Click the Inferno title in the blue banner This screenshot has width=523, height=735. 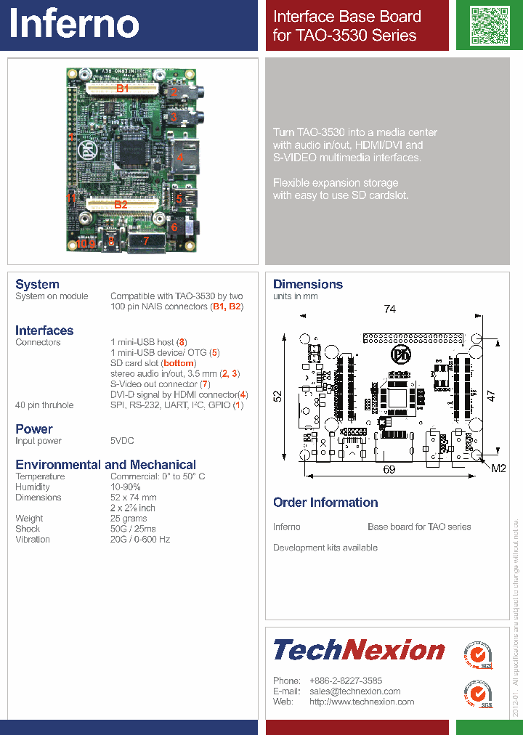pos(74,24)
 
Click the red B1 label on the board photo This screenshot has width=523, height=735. pos(123,89)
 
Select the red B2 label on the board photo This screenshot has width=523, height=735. pos(121,205)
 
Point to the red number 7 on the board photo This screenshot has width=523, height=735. pos(145,240)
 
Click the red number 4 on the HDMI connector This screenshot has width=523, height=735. pos(180,157)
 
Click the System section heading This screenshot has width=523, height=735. pos(37,284)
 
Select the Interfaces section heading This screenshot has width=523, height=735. pos(44,330)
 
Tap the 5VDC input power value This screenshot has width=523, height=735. pos(122,441)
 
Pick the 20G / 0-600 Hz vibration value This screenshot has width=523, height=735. pos(140,540)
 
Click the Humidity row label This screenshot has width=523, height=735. pos(33,487)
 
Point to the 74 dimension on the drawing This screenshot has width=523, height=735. pos(390,309)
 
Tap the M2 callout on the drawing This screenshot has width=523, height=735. pos(498,468)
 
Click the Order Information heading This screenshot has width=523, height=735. pos(325,503)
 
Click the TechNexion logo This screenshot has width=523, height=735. pos(359,650)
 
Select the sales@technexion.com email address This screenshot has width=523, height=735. pos(354,691)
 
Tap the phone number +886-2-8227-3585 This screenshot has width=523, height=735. pos(346,681)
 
